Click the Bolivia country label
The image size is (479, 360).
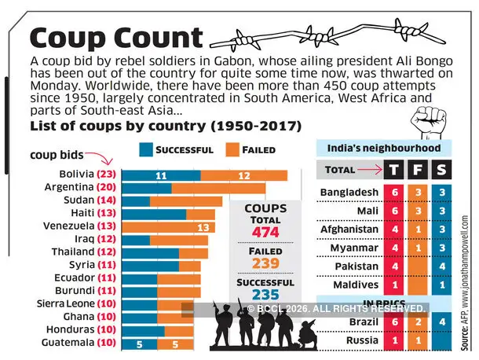[75, 174]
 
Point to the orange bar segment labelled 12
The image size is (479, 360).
[243, 175]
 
